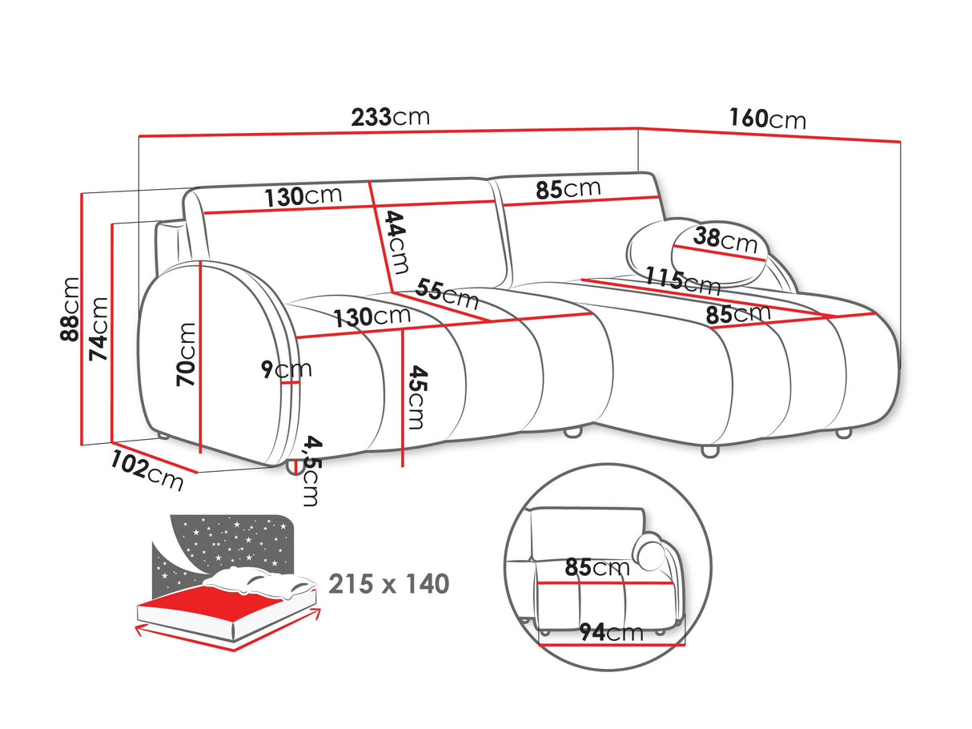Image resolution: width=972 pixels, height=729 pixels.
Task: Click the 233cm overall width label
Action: (390, 118)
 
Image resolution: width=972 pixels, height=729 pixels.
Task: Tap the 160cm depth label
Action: (767, 119)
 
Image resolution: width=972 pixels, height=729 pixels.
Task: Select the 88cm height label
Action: (70, 308)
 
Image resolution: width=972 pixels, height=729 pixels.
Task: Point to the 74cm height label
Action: (98, 328)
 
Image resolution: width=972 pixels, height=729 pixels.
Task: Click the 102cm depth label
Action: (147, 470)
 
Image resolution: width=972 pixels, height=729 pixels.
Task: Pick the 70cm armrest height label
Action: (186, 354)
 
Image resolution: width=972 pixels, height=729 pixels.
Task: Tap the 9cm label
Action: (286, 369)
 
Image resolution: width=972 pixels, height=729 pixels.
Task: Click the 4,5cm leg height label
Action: (311, 471)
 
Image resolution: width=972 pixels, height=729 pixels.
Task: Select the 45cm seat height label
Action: (416, 397)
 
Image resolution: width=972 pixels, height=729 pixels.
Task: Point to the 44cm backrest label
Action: (396, 242)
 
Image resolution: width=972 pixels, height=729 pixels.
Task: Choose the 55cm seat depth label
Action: (447, 294)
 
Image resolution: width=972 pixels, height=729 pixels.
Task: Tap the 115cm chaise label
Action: (682, 281)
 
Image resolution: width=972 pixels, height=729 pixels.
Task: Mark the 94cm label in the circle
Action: (611, 632)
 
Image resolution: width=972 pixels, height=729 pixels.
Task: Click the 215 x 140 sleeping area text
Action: (389, 584)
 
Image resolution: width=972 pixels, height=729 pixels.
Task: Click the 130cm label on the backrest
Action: (303, 196)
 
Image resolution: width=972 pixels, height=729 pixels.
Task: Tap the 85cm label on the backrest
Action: (568, 189)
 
